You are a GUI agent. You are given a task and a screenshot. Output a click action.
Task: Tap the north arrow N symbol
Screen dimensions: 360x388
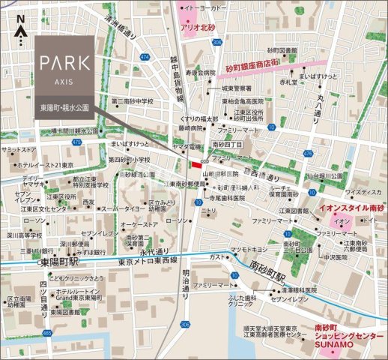(21, 21)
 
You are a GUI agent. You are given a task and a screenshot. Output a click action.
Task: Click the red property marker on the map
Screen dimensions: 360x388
(197, 165)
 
